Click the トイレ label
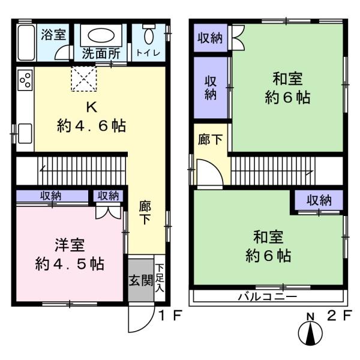pos(148,52)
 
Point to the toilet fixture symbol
pos(148,31)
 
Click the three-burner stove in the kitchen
pos(25,83)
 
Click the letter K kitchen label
pos(91,108)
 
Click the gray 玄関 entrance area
pos(140,280)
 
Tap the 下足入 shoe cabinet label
pos(160,279)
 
